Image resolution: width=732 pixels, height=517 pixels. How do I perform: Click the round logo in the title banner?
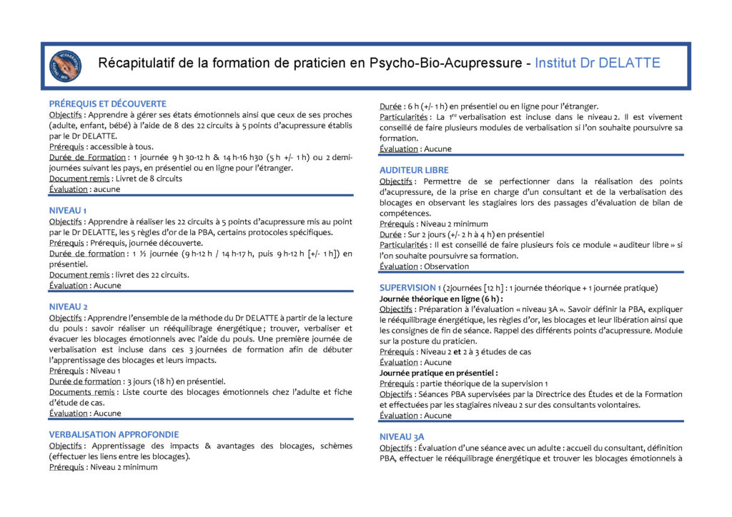pyautogui.click(x=65, y=65)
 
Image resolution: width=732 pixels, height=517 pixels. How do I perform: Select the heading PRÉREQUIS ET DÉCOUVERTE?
pyautogui.click(x=107, y=104)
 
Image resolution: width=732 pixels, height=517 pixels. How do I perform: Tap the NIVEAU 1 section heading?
pyautogui.click(x=68, y=211)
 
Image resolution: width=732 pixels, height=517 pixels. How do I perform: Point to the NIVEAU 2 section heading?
pyautogui.click(x=69, y=306)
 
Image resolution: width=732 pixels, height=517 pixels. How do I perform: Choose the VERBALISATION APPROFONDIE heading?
pyautogui.click(x=114, y=434)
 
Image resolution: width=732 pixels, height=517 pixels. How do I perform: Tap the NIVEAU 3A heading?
pyautogui.click(x=402, y=436)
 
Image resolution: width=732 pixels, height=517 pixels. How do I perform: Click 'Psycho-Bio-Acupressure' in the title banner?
pyautogui.click(x=446, y=64)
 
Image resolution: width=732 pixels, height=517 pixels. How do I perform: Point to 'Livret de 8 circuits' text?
pyautogui.click(x=147, y=179)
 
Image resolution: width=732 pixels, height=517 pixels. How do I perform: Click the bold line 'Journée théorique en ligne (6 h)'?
pyautogui.click(x=441, y=298)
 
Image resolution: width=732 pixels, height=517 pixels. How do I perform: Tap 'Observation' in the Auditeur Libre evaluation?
pyautogui.click(x=447, y=266)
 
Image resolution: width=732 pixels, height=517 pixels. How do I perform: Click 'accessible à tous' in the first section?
pyautogui.click(x=124, y=146)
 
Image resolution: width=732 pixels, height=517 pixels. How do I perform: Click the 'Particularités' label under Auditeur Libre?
pyautogui.click(x=403, y=245)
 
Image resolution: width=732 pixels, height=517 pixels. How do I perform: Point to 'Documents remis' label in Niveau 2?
pyautogui.click(x=82, y=391)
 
